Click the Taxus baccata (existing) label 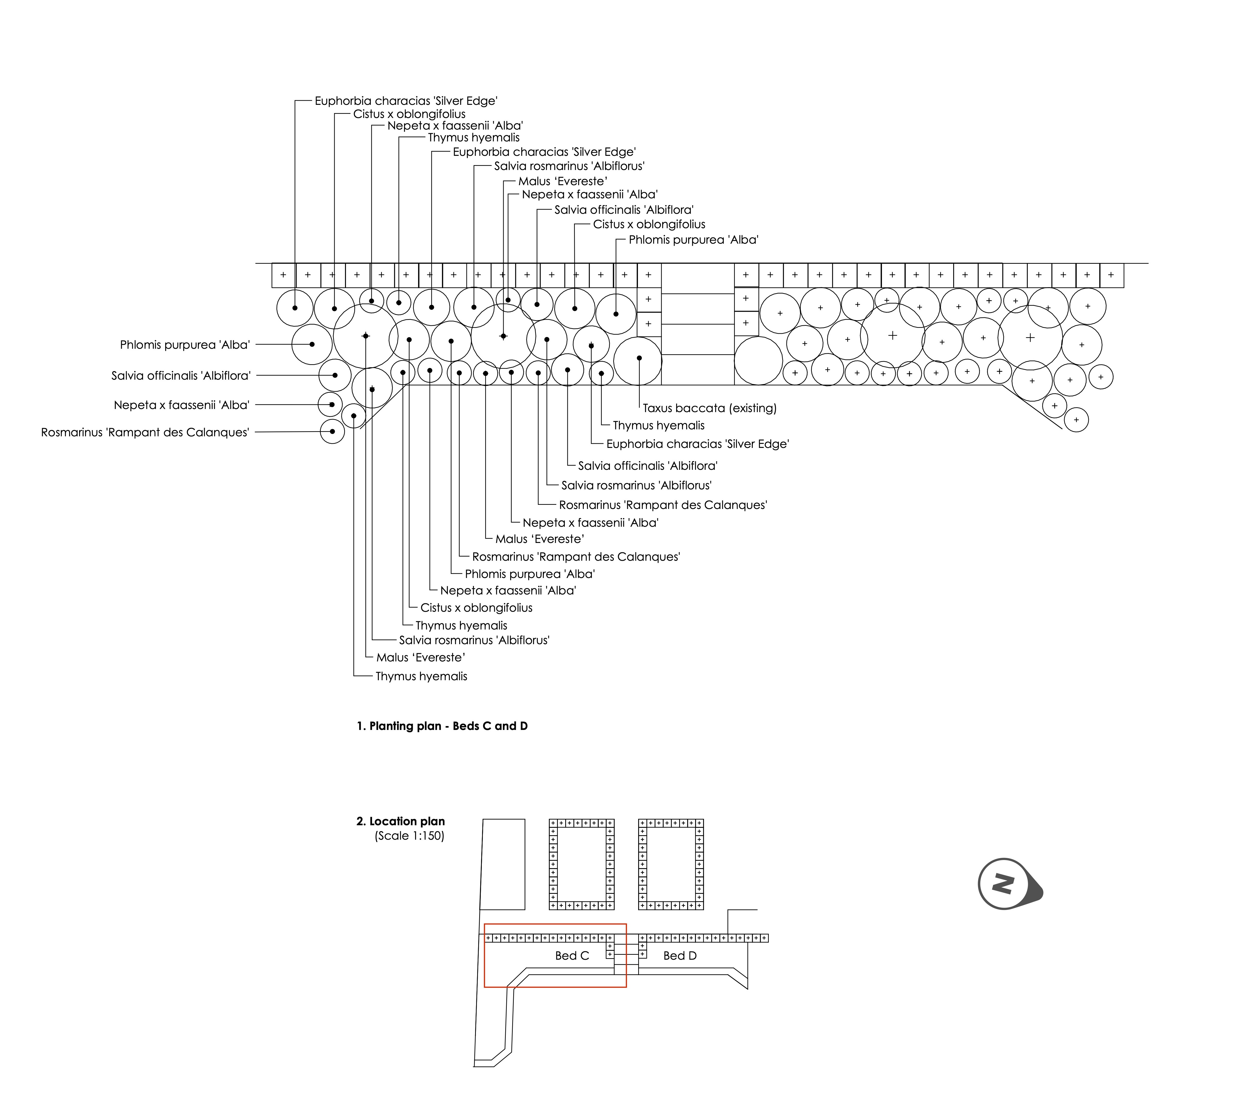click(x=709, y=408)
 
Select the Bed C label click(x=572, y=956)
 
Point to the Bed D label click(x=680, y=956)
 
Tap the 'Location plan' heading click(x=407, y=821)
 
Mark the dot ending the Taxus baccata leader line click(x=639, y=358)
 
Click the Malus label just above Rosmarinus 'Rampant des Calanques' click(x=539, y=539)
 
